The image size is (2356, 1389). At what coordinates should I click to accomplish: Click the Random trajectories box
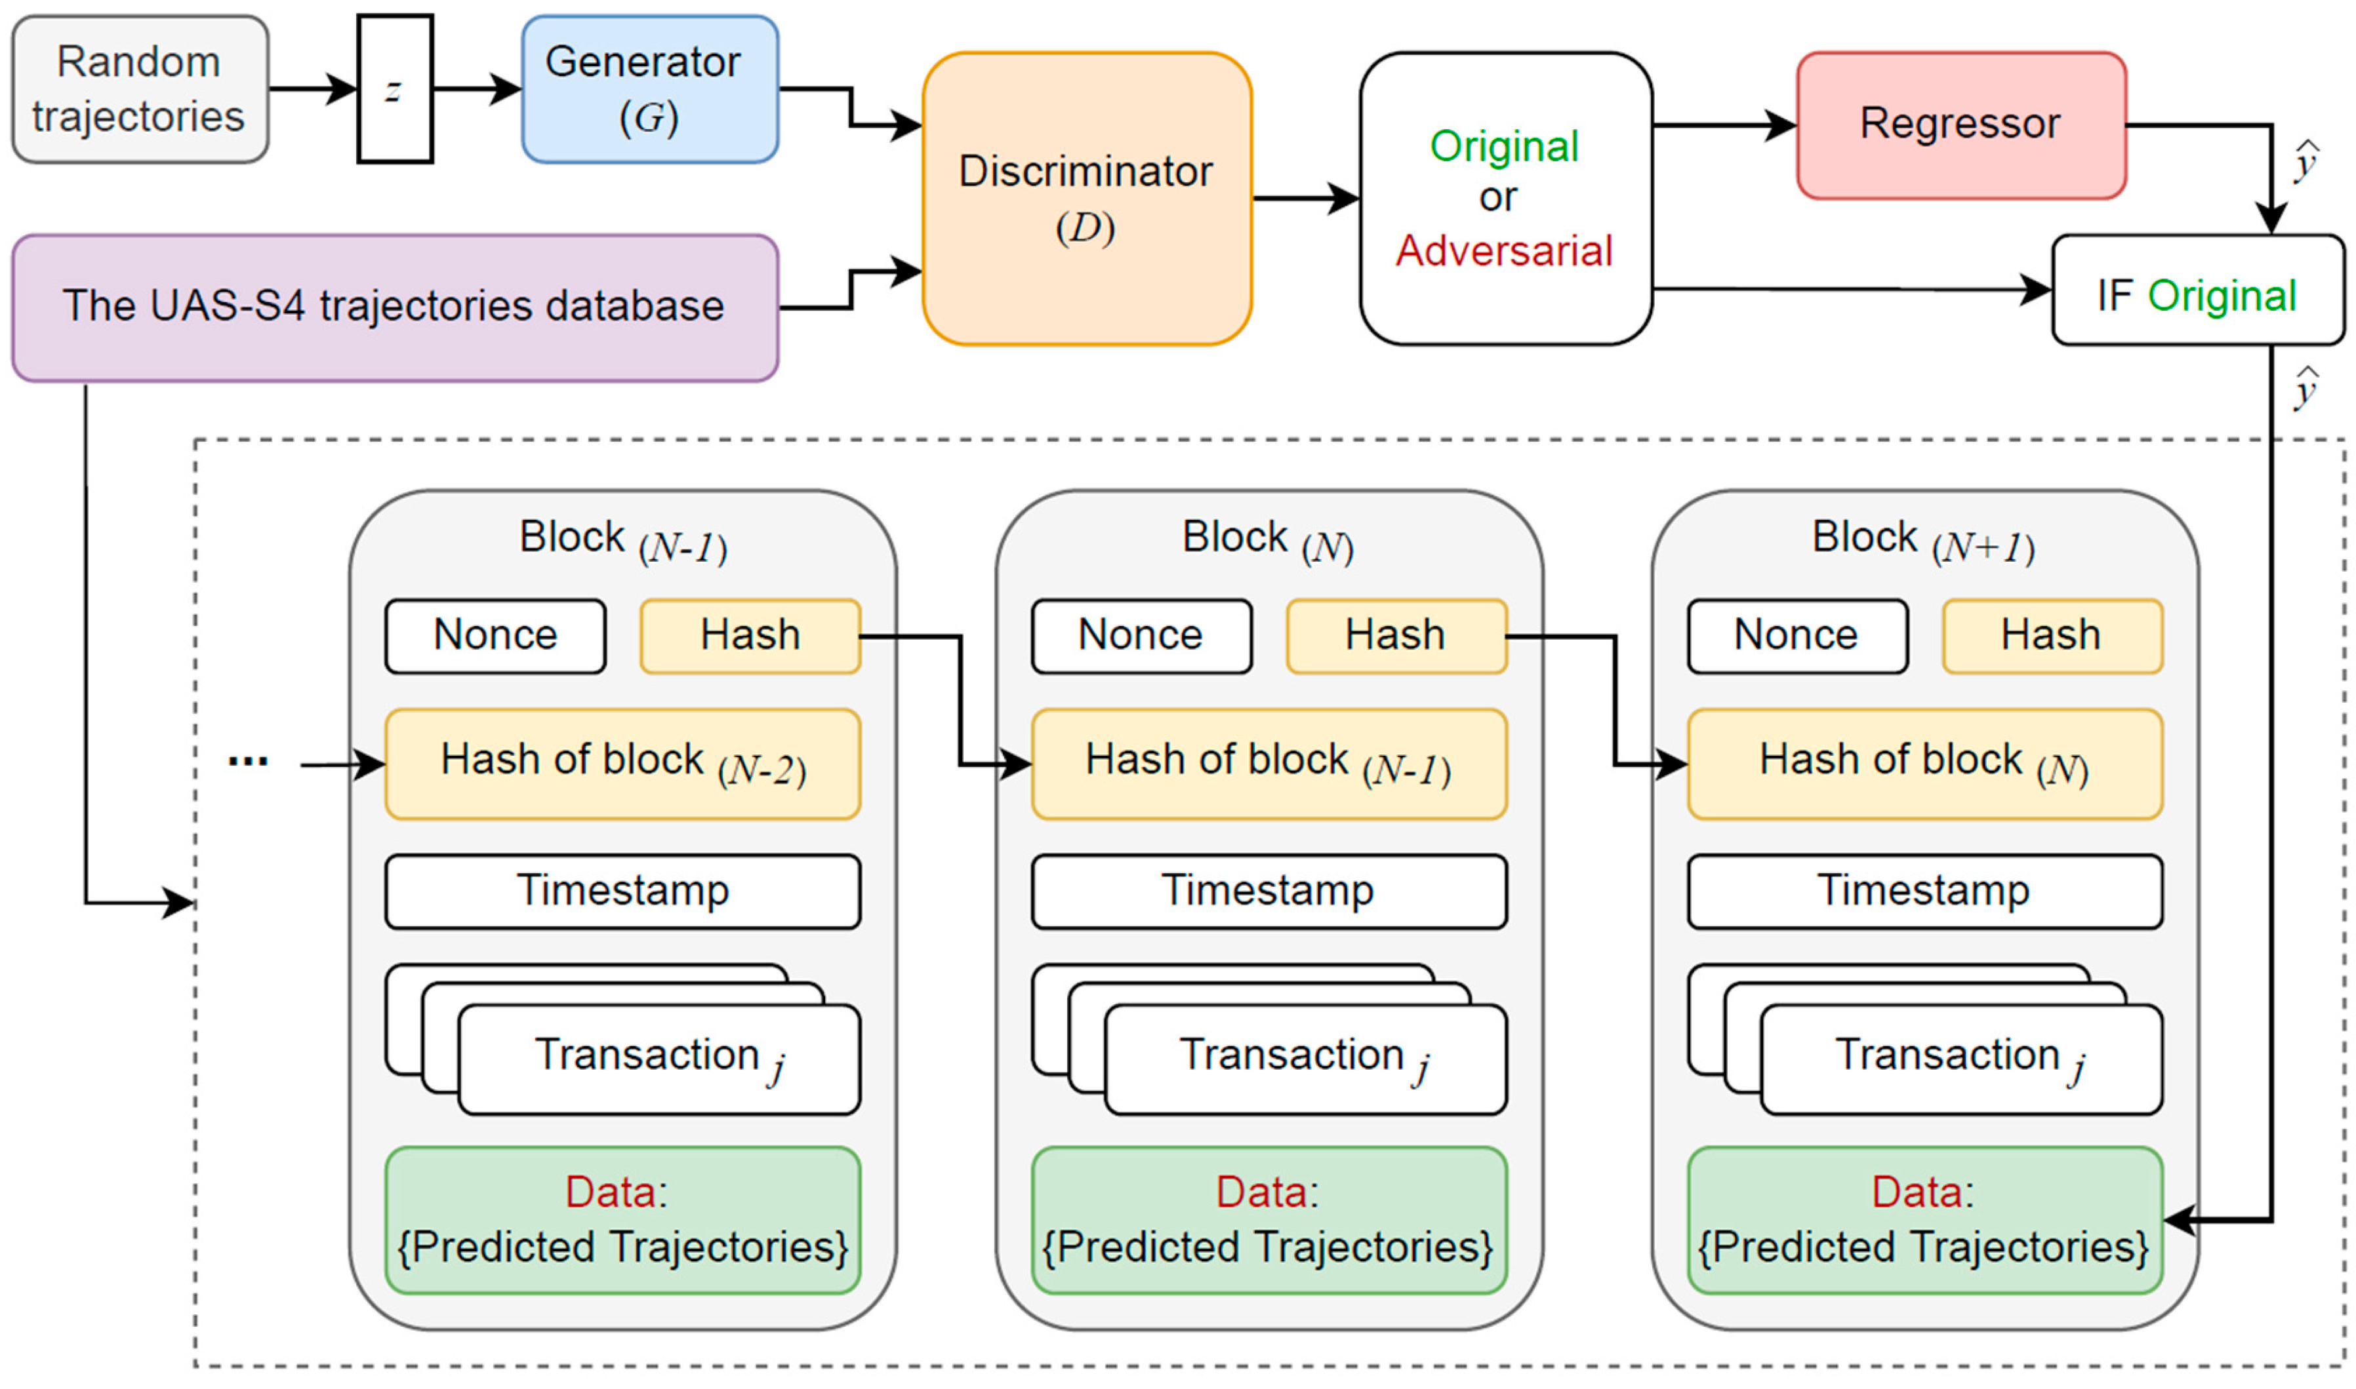[x=140, y=89]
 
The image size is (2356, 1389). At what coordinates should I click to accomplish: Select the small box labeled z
[x=394, y=89]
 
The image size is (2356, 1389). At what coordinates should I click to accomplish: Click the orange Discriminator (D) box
[x=1086, y=199]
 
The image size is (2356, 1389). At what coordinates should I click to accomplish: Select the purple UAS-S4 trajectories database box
[x=394, y=307]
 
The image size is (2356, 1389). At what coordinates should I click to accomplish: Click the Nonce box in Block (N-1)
[x=495, y=636]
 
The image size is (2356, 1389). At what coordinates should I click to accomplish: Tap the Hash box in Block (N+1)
[x=2051, y=636]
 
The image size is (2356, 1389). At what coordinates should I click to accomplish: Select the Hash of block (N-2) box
[x=622, y=764]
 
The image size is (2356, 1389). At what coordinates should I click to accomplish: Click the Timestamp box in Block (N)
[x=1268, y=890]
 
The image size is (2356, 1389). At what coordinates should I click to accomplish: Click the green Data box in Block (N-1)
[x=622, y=1220]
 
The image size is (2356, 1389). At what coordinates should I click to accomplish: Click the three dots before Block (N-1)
[x=247, y=762]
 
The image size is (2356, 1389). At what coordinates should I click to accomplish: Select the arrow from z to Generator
[x=476, y=89]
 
